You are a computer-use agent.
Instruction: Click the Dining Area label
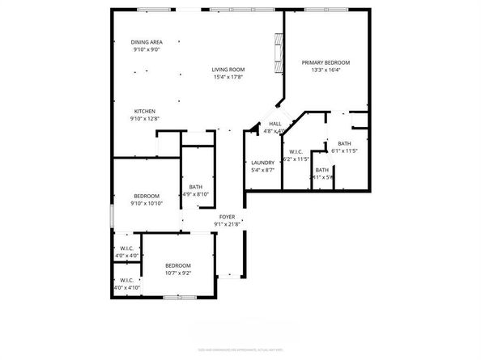click(147, 41)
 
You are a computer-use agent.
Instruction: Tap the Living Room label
click(228, 70)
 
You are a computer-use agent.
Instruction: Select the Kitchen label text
click(145, 111)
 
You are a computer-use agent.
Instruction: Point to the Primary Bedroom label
click(326, 62)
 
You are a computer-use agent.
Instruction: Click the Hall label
click(275, 123)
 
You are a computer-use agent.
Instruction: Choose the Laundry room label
click(263, 163)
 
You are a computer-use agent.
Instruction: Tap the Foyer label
click(227, 217)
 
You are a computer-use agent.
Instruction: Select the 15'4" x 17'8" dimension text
click(228, 78)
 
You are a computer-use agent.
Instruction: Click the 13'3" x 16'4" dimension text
click(326, 70)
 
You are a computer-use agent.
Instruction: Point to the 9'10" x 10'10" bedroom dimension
click(147, 203)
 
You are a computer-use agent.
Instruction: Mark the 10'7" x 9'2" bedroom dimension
click(178, 273)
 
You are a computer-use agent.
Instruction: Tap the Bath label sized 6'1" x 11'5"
click(344, 144)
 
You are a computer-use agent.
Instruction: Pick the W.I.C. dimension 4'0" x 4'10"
click(127, 287)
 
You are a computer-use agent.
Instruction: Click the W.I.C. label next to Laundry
click(296, 152)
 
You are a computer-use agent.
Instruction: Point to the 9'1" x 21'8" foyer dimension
click(227, 224)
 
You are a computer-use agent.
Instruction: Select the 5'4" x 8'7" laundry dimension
click(263, 170)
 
